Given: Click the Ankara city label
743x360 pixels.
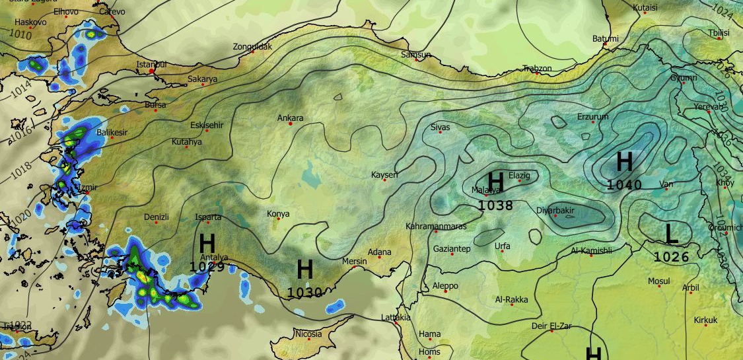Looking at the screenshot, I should tap(290, 118).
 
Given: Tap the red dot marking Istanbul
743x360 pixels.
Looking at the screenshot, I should tap(152, 71).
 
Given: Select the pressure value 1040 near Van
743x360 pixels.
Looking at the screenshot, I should tap(623, 185).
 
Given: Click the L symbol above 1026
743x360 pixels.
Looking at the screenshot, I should tap(671, 234).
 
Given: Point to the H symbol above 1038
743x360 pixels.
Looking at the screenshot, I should tap(495, 182).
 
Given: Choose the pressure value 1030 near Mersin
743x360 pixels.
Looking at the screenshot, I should tap(304, 292).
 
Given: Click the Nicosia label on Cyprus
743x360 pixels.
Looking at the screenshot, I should tap(308, 334).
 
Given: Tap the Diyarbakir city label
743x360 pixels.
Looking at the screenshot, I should tap(555, 210).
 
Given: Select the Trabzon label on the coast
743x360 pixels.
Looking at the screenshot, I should tap(536, 68).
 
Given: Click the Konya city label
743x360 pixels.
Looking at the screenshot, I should tap(278, 213).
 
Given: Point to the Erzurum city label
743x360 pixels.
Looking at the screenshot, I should tap(592, 116).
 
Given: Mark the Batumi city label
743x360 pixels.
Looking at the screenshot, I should tap(605, 39).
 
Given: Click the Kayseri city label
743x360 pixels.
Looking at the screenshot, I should tap(384, 174).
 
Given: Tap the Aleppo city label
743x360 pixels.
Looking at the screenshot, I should tap(444, 286).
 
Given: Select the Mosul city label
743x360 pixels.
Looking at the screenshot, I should tap(658, 281).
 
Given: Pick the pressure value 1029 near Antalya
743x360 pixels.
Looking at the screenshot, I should tap(207, 267).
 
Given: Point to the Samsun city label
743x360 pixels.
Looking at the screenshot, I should tap(416, 55).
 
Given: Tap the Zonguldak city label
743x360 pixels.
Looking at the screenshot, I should tap(252, 47).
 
